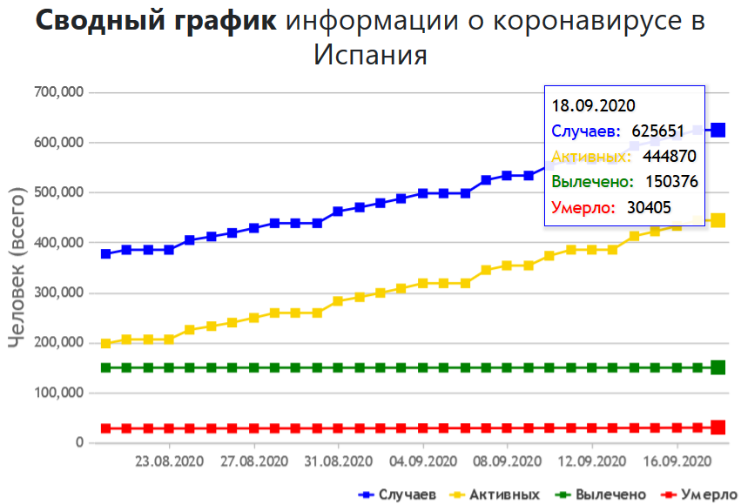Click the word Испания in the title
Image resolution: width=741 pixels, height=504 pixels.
tap(370, 55)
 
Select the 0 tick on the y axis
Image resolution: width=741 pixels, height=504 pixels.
tap(78, 443)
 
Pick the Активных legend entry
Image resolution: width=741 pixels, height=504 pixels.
tap(501, 494)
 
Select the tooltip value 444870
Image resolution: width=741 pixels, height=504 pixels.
tap(669, 157)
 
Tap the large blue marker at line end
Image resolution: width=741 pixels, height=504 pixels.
tap(718, 130)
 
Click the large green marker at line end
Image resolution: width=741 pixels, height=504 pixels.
tap(718, 367)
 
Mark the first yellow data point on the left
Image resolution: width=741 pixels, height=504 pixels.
tap(105, 344)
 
